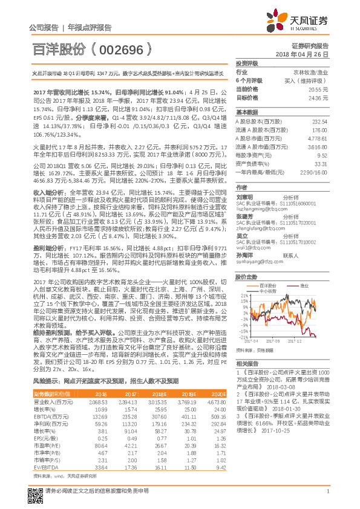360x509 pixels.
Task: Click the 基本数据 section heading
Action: click(246, 112)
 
